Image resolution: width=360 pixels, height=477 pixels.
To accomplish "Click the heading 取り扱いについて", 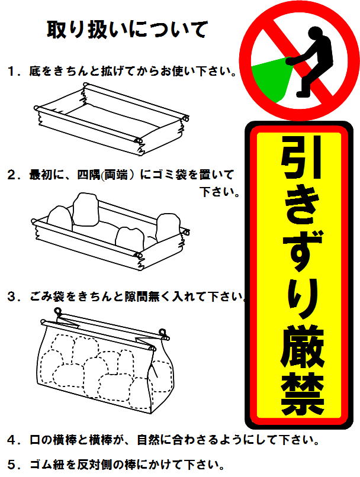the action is [127, 30].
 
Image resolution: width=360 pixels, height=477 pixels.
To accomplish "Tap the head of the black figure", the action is [316, 33].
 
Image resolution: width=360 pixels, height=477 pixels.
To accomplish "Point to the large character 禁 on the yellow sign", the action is [302, 394].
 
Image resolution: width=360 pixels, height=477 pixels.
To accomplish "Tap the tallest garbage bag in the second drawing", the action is [85, 210].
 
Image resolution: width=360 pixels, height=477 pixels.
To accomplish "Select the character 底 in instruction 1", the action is [35, 72].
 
